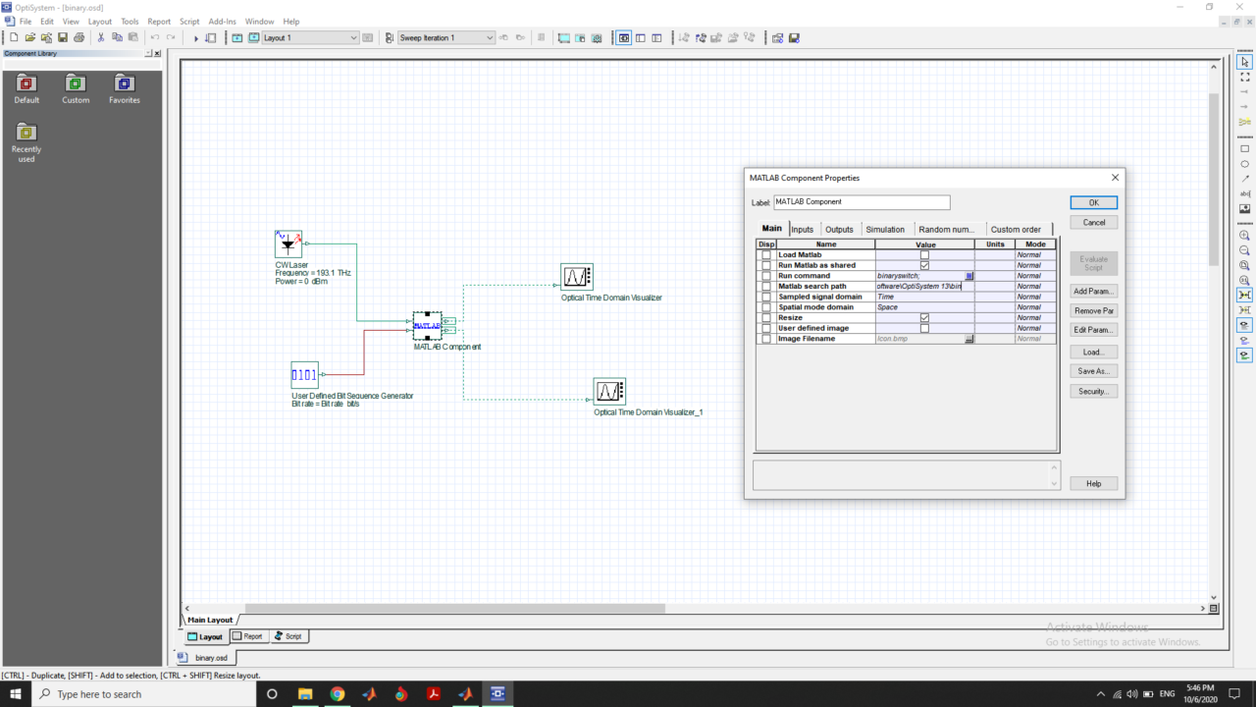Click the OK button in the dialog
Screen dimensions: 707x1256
(1093, 202)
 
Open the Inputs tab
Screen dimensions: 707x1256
(803, 229)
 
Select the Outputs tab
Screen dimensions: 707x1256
(839, 229)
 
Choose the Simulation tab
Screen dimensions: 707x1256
(885, 229)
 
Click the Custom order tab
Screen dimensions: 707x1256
(1016, 229)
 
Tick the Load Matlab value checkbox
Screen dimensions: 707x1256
(924, 255)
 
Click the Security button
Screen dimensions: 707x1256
(1093, 391)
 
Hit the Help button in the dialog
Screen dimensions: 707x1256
(1093, 483)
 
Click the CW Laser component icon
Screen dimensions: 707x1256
(288, 245)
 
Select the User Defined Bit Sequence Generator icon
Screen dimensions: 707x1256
(304, 375)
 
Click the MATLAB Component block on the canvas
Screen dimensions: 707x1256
(427, 326)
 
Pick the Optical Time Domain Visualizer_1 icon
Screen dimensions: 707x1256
(608, 392)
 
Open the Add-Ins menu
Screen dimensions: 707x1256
(222, 21)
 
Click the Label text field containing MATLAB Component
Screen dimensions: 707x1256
(862, 202)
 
